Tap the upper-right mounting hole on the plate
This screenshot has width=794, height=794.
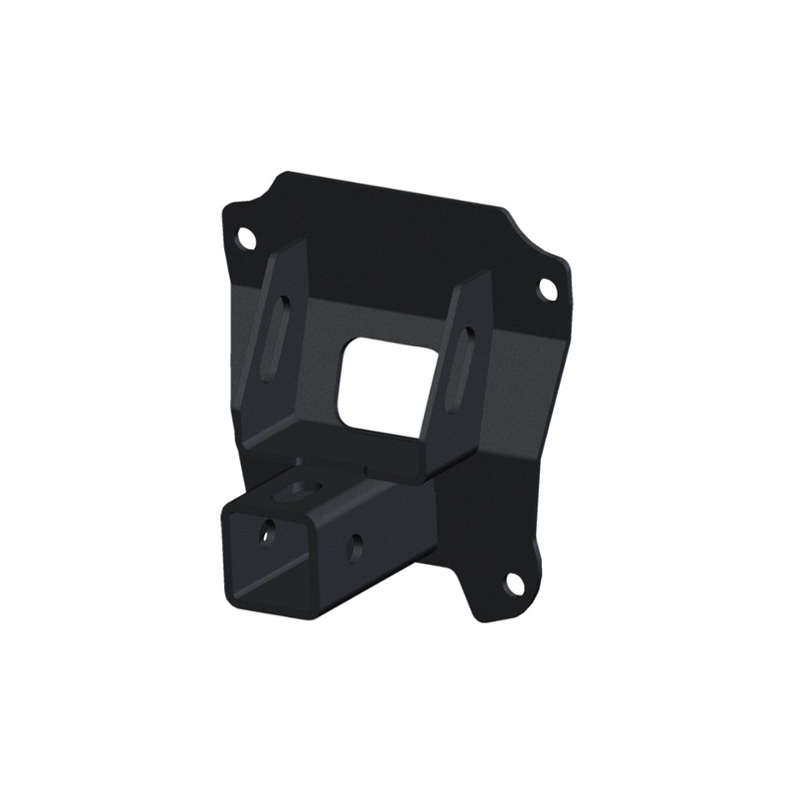click(x=547, y=289)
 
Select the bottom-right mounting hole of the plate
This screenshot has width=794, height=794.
click(x=514, y=584)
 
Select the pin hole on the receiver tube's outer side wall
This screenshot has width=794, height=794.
click(x=354, y=544)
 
